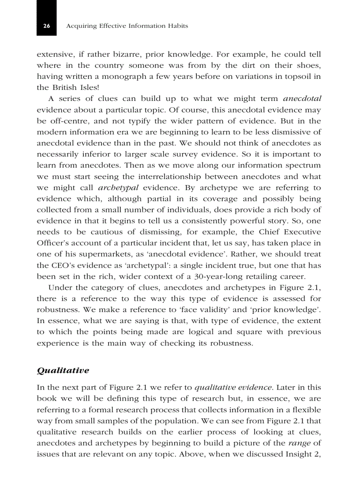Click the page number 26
point(46,26)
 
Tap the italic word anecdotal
point(302,99)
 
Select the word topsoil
point(296,76)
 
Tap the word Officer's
point(52,243)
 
